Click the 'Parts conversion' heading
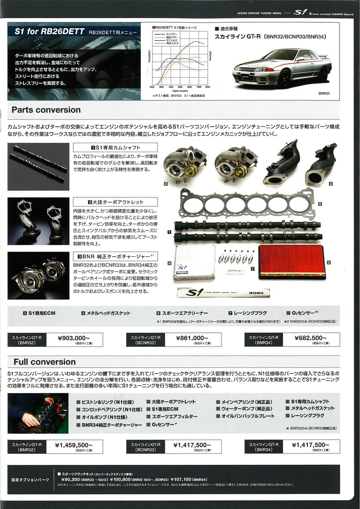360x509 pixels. tap(46, 110)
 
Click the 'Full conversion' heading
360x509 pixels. tap(45, 362)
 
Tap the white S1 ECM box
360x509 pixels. tap(194, 263)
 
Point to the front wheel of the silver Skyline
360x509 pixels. tap(285, 78)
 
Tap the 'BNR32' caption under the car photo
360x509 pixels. tap(324, 94)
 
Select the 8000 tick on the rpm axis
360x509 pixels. tap(207, 87)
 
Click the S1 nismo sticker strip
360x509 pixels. tap(223, 292)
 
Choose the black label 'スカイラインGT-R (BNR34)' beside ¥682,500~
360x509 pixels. tap(264, 340)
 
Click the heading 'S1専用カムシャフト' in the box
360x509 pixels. tap(115, 148)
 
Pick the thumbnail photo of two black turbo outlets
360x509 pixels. tap(38, 221)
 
